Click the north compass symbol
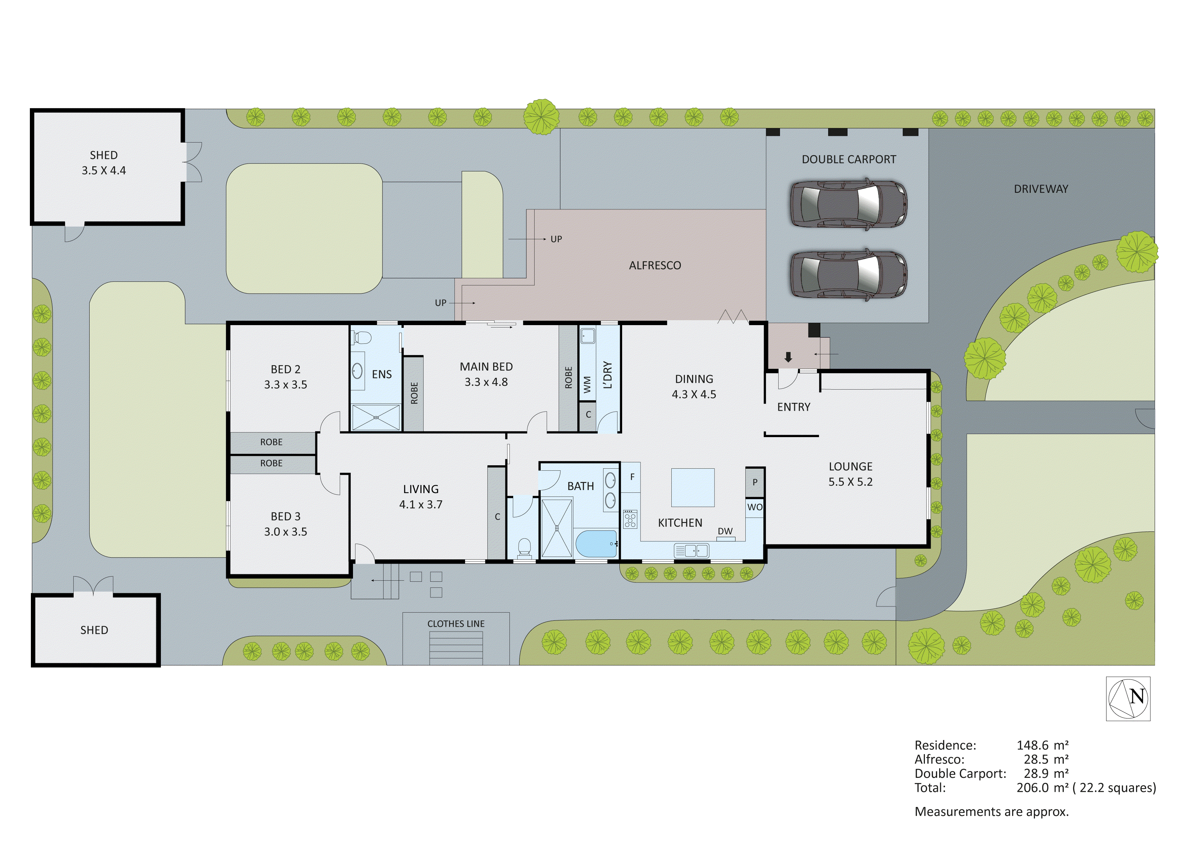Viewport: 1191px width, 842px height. [1128, 698]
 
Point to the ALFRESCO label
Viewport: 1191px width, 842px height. [655, 266]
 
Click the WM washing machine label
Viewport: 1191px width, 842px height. [587, 385]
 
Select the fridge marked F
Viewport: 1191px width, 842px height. [632, 477]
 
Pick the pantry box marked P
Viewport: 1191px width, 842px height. [755, 482]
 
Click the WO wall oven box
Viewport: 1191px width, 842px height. [755, 507]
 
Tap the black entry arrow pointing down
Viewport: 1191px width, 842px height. [788, 357]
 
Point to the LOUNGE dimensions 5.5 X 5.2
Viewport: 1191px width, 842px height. [850, 482]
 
